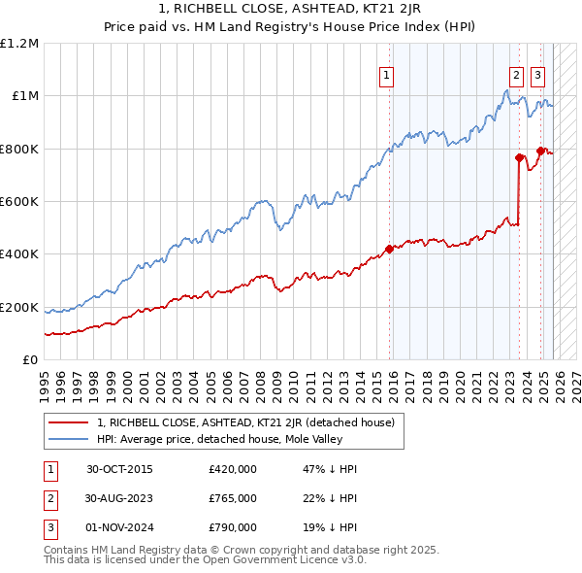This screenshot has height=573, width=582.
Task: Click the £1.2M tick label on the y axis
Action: click(x=19, y=44)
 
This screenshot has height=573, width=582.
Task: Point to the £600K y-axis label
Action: click(x=19, y=202)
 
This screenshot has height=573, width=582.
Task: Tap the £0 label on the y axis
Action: click(x=30, y=360)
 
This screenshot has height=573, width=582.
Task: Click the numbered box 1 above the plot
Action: click(x=387, y=76)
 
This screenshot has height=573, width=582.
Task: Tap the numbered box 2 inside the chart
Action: click(x=516, y=76)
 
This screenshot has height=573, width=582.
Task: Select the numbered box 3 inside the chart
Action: click(x=537, y=76)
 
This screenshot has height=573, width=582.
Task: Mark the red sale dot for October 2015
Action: click(x=389, y=249)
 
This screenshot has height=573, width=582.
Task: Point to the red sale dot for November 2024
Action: click(x=540, y=151)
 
